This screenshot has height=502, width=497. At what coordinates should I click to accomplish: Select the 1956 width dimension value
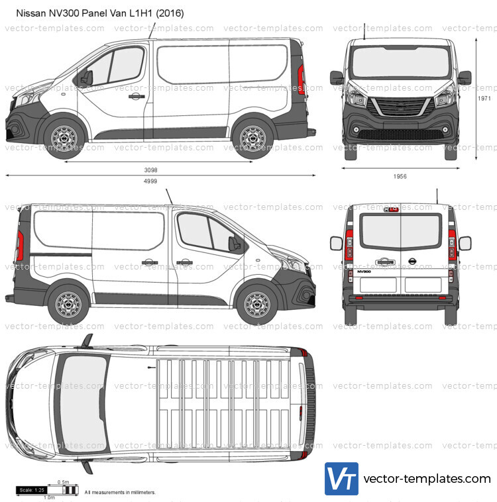coord(400,176)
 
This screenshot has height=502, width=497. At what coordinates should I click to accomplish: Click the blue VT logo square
coord(341,479)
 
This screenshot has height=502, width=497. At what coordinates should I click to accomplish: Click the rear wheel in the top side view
coord(252,138)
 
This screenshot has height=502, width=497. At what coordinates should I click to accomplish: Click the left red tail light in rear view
coord(349,244)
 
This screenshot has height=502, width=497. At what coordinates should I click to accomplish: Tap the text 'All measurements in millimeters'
coord(120,493)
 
